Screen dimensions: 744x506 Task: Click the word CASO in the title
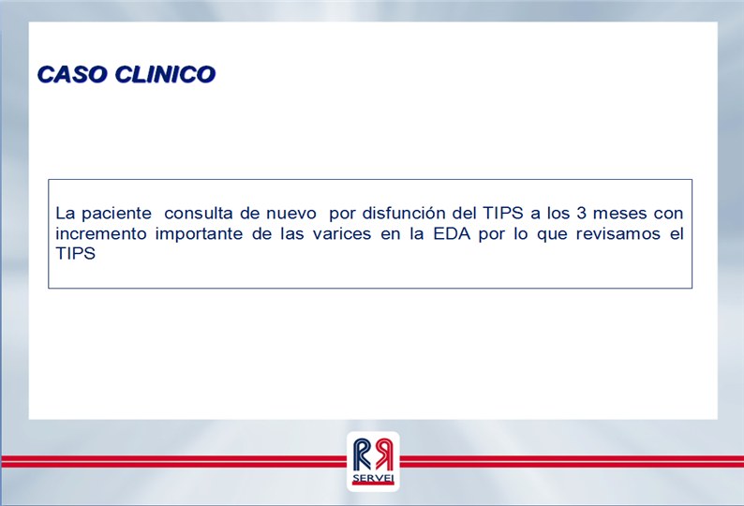(72, 75)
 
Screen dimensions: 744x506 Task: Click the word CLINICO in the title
(165, 75)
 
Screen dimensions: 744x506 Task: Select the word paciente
(116, 214)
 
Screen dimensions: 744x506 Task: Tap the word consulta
(198, 213)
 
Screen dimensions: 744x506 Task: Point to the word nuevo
(290, 214)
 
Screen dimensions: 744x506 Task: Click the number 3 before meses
(581, 213)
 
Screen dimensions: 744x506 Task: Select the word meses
(619, 214)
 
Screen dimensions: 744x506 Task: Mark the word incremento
(101, 234)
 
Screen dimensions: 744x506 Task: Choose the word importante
(199, 234)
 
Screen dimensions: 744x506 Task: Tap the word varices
(342, 234)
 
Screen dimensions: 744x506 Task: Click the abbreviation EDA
(452, 233)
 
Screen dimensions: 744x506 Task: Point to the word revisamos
(618, 234)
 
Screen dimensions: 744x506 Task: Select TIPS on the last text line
(76, 254)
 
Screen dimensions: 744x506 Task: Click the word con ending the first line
(668, 214)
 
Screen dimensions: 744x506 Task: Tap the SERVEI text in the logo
(373, 479)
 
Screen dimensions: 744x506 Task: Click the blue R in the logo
(362, 454)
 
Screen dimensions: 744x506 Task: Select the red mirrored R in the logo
(383, 454)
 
